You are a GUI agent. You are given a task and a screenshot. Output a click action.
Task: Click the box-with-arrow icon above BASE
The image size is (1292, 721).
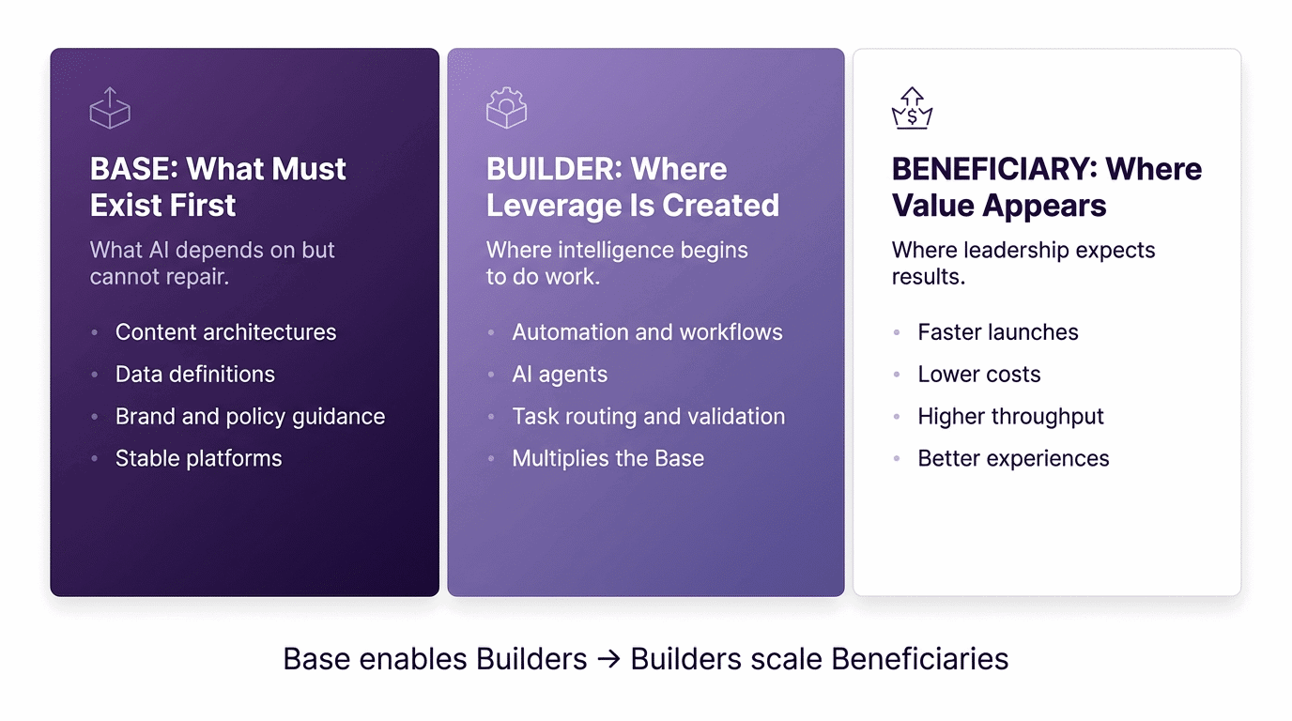(110, 108)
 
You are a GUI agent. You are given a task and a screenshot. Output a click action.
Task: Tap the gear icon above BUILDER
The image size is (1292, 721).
(506, 108)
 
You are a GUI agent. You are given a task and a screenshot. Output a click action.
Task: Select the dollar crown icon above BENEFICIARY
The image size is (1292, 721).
(912, 108)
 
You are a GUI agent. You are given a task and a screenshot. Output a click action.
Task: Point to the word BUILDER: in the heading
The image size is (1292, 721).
(554, 169)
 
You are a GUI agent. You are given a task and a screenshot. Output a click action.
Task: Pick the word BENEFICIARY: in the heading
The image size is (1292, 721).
(994, 169)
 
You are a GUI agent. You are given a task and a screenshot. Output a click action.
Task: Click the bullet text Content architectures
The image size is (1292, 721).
(225, 332)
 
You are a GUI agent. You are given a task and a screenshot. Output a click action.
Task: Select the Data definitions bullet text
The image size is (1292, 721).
(195, 375)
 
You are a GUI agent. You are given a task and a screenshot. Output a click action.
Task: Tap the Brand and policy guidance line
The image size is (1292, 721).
(250, 417)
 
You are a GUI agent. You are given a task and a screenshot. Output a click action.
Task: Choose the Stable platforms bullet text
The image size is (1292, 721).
(198, 459)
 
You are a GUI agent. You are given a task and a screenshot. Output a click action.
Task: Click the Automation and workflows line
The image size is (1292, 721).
(647, 332)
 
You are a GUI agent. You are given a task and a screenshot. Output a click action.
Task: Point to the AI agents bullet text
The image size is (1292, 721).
(560, 375)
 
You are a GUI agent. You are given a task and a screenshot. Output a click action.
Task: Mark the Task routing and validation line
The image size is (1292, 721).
(648, 417)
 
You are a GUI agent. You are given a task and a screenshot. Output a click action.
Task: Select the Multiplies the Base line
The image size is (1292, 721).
(608, 459)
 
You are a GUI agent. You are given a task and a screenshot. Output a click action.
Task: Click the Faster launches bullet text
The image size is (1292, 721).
(998, 332)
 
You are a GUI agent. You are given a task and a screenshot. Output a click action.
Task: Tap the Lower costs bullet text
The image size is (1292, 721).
(979, 375)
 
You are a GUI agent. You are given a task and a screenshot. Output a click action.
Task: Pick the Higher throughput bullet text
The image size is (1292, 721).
(1010, 417)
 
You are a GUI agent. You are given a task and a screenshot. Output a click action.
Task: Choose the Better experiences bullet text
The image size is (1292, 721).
(1013, 459)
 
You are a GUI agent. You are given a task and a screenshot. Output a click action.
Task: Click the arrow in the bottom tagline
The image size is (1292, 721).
(608, 660)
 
